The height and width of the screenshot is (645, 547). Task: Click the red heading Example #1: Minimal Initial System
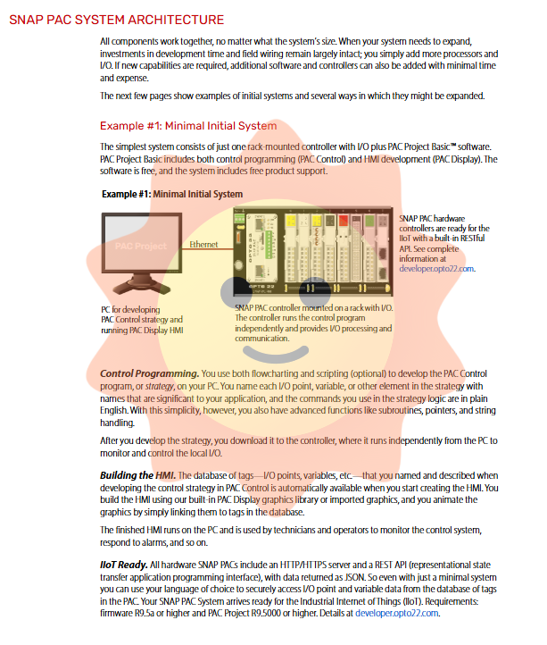coord(188,126)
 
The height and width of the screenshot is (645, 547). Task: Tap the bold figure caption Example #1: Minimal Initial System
coord(172,193)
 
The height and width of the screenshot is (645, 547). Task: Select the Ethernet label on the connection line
coord(204,244)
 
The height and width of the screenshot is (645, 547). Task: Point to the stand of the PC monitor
coord(140,288)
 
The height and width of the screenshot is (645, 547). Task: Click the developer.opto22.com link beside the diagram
coord(436,267)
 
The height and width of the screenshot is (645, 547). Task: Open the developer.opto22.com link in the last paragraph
coord(397,613)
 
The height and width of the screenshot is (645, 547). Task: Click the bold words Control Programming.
coord(149,372)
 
